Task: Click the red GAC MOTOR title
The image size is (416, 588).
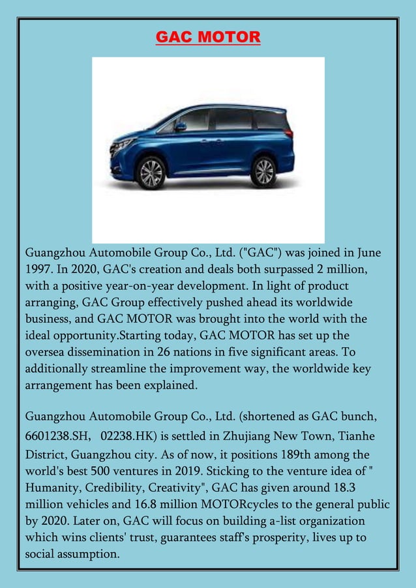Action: pos(208,37)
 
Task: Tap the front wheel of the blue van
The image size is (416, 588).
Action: pos(151,173)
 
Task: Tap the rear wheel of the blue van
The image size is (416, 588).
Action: pos(263,171)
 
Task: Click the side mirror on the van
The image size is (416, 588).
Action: pos(181,126)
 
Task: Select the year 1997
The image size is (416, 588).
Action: pos(40,269)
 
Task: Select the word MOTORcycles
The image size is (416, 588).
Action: pos(245,505)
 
